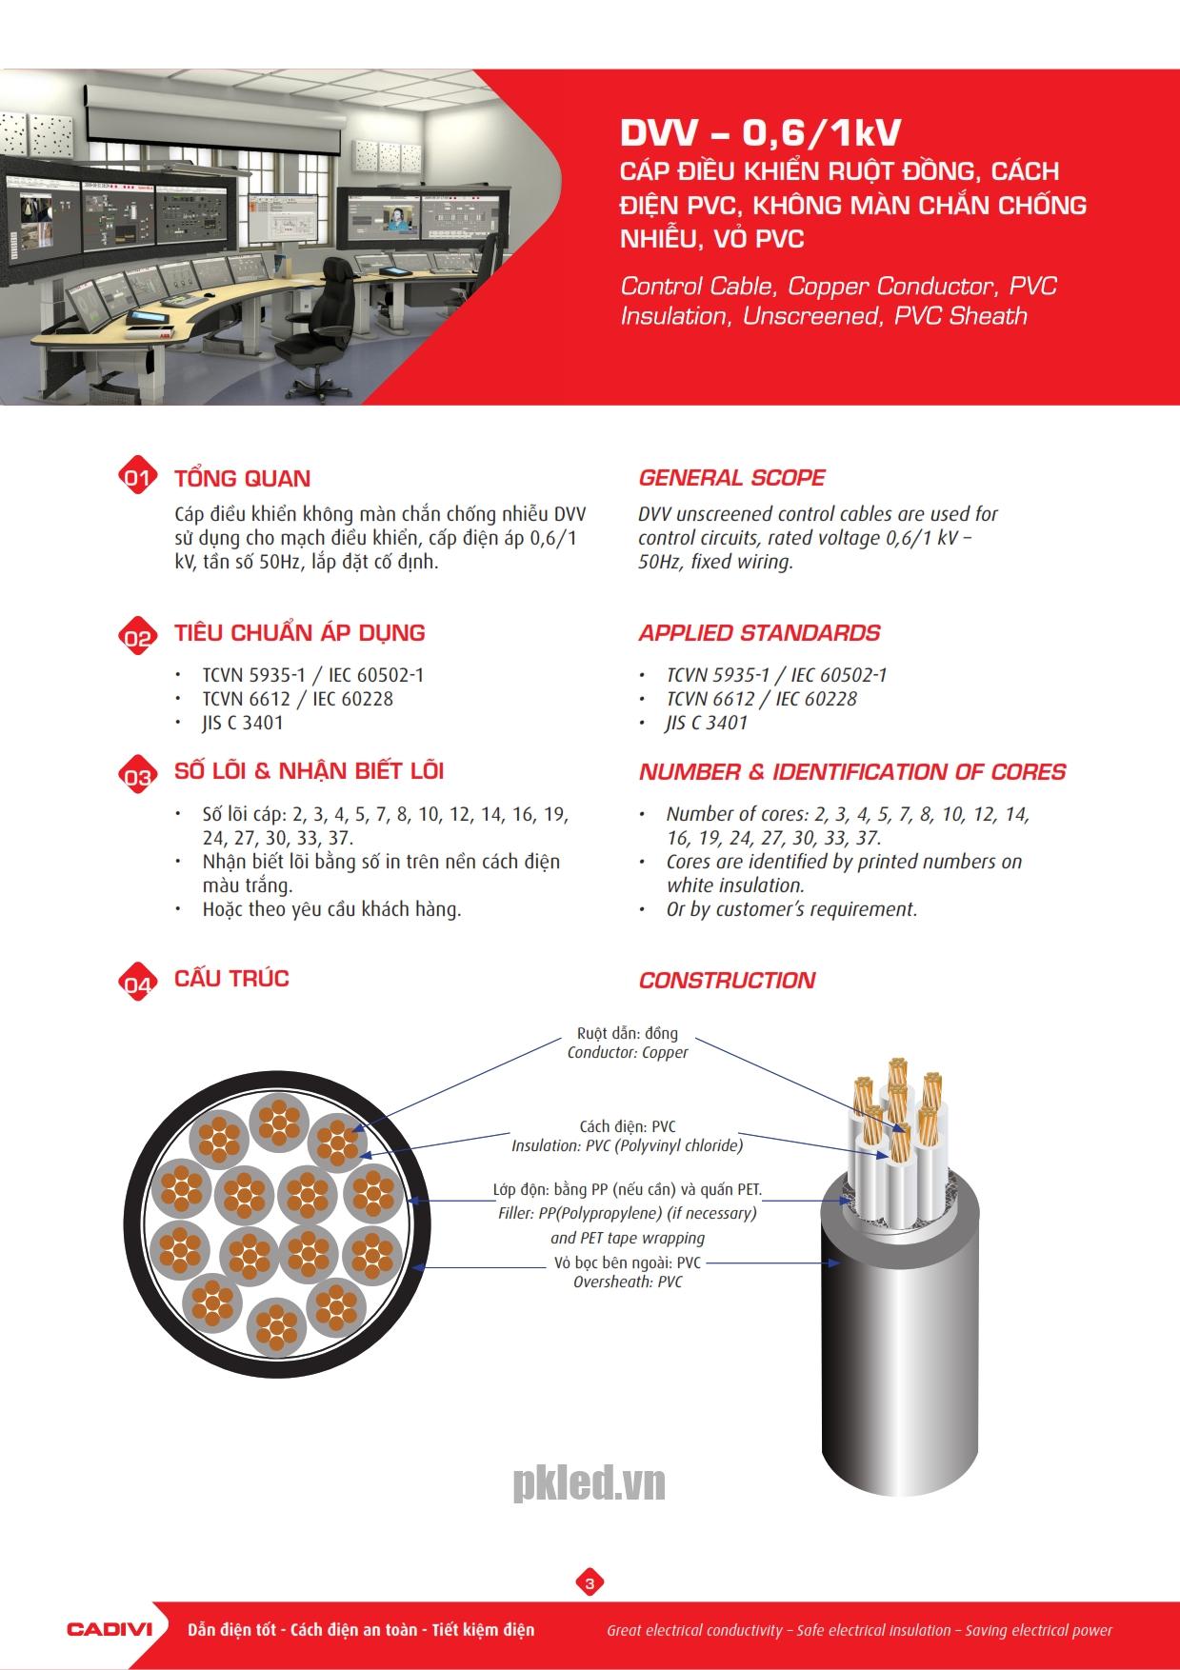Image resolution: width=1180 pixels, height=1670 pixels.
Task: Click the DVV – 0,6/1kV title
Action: pyautogui.click(x=760, y=133)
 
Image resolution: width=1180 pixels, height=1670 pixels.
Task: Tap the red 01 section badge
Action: pyautogui.click(x=137, y=477)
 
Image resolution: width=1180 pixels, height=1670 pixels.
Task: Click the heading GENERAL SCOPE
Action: pyautogui.click(x=731, y=478)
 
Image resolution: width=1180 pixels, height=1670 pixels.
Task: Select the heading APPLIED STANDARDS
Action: pyautogui.click(x=759, y=633)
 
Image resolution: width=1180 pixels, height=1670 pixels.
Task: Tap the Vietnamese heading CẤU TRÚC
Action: pyautogui.click(x=231, y=979)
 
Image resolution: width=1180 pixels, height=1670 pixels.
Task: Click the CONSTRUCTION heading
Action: pyautogui.click(x=727, y=981)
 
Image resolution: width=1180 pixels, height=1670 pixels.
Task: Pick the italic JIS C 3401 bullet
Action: pyautogui.click(x=707, y=723)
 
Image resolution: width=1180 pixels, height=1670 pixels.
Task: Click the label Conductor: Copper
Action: pyautogui.click(x=628, y=1053)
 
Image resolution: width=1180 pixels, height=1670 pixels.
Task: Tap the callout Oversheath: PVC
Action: pyautogui.click(x=628, y=1282)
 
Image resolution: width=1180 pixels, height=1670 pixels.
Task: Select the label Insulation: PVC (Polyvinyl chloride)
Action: pyautogui.click(x=628, y=1145)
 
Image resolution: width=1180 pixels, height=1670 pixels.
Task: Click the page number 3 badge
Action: pyautogui.click(x=590, y=1583)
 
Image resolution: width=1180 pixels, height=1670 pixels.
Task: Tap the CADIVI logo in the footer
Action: pyautogui.click(x=110, y=1629)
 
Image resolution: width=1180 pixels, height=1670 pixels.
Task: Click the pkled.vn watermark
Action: pyautogui.click(x=590, y=1483)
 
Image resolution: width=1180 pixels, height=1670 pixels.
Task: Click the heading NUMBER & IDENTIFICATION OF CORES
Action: pyautogui.click(x=852, y=772)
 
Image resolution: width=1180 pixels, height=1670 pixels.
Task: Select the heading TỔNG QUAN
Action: pyautogui.click(x=242, y=479)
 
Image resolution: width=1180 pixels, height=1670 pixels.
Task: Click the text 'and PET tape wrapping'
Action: pyautogui.click(x=628, y=1239)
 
